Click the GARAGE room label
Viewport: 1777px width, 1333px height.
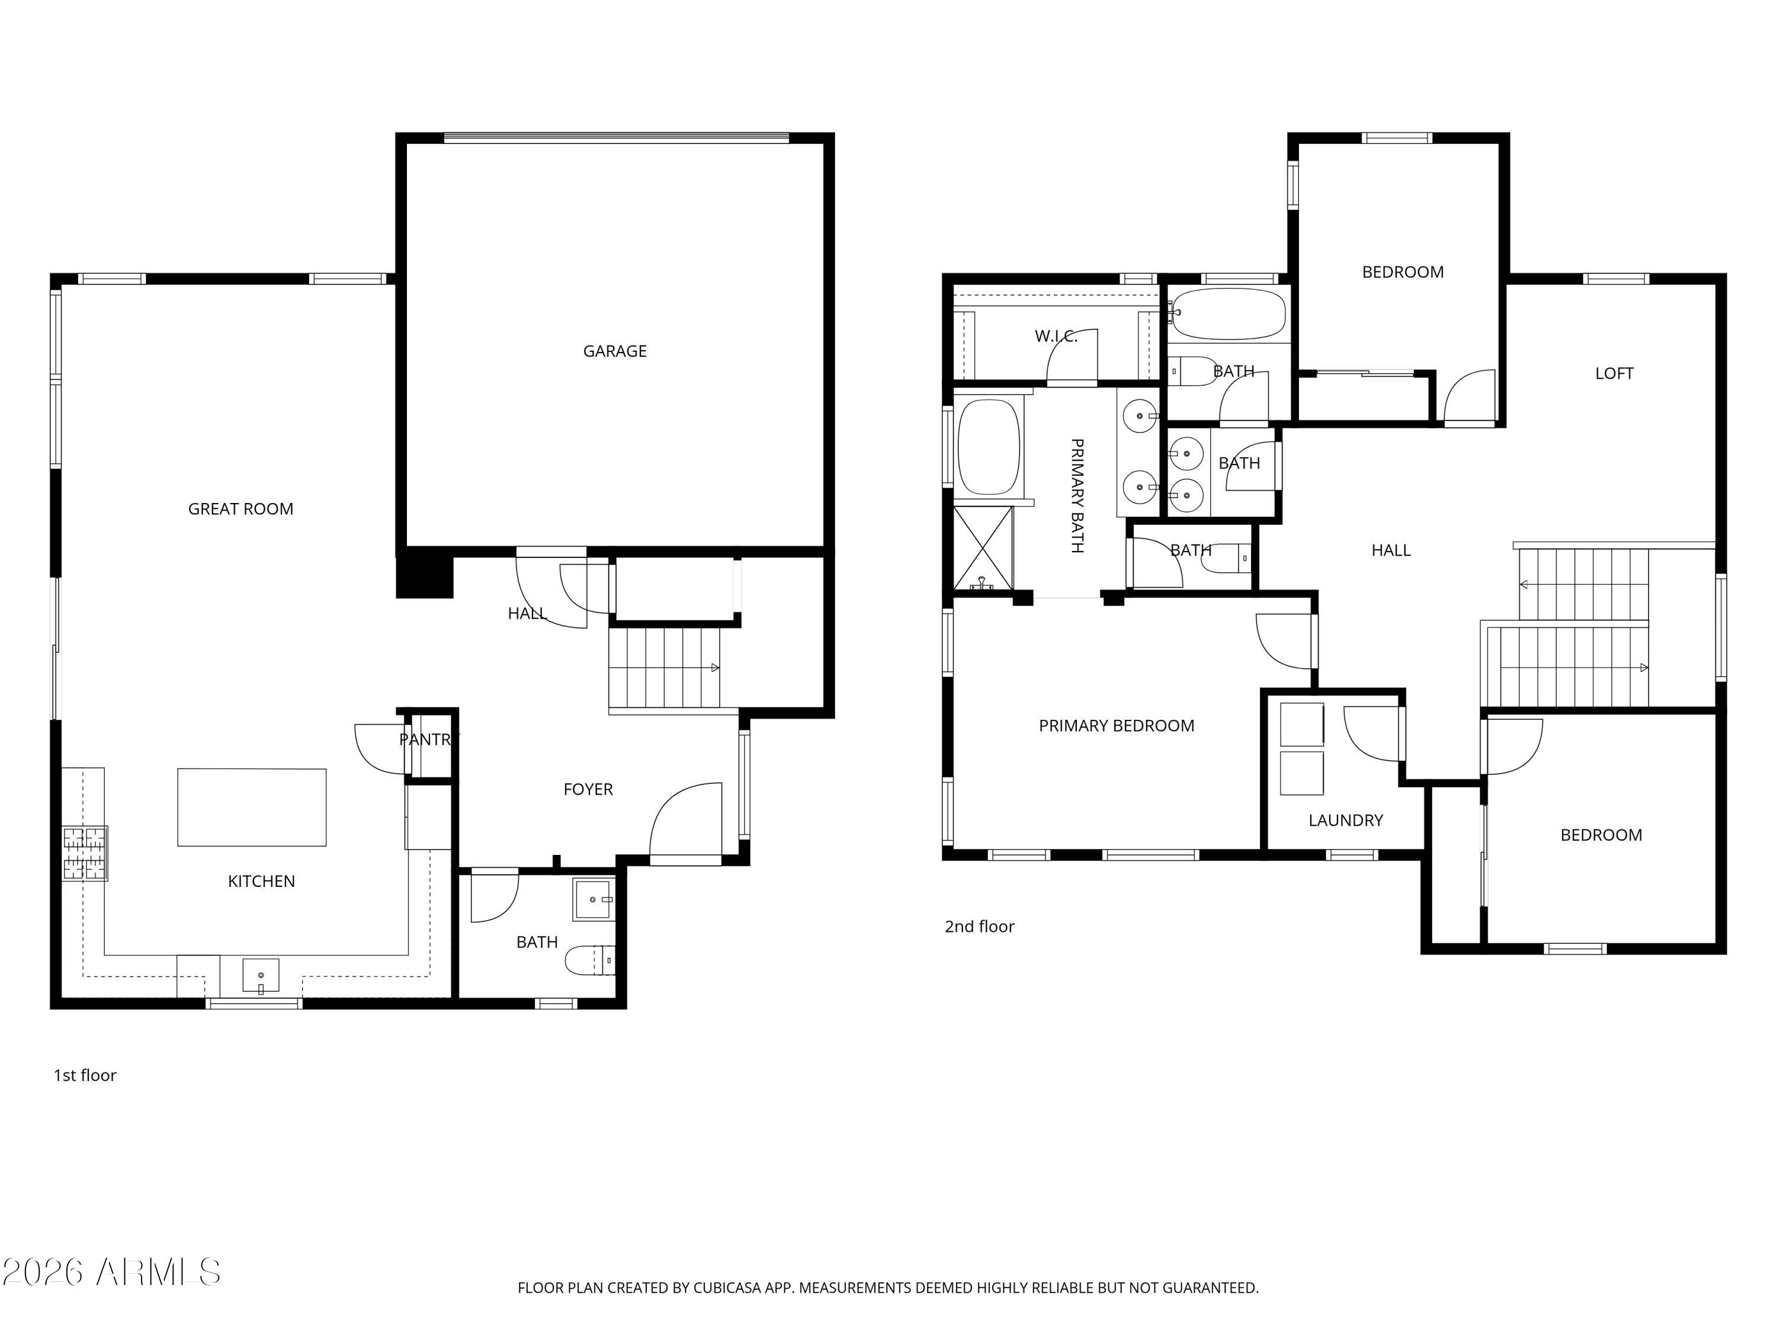(615, 351)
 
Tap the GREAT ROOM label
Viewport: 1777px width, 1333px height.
(240, 508)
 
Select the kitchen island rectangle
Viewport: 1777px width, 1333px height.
(252, 807)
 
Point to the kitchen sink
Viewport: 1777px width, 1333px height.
(261, 975)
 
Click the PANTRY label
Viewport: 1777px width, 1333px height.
(428, 739)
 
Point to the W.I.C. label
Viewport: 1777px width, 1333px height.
(1056, 336)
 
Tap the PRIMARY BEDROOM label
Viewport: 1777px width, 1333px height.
(1116, 726)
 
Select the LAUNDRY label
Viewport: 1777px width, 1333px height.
(1346, 821)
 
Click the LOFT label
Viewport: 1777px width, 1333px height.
(1614, 373)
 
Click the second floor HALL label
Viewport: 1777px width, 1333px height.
(1391, 550)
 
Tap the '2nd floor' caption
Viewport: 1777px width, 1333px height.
(979, 927)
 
